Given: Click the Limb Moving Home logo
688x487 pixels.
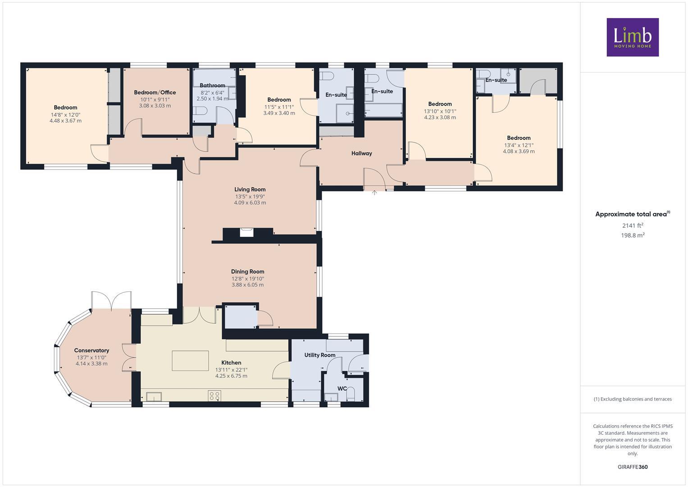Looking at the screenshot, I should coord(632,37).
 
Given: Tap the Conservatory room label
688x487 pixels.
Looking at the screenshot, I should coord(91,350).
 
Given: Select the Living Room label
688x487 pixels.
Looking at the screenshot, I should coord(250,189).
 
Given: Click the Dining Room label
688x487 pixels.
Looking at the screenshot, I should coord(247,271).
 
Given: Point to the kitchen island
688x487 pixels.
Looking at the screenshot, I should coord(190,361).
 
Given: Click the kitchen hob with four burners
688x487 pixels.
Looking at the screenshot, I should coord(214,396).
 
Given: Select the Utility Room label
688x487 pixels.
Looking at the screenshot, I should coord(319,355).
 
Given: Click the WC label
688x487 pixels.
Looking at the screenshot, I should coord(342,388).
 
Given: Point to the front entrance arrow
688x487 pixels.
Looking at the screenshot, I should coord(374,193).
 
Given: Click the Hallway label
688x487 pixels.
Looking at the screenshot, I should coord(361,153).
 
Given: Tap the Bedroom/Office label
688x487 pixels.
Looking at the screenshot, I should coord(155,92).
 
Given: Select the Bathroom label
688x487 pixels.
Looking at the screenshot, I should coord(212,85).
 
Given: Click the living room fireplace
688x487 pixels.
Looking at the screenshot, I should coord(246,232).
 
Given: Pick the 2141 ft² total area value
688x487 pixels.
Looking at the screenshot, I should coord(633,225).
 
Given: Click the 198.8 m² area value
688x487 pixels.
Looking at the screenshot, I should coord(633,235).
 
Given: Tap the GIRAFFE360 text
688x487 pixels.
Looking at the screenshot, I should coord(633,467).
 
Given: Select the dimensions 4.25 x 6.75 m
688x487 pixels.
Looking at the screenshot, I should coord(231,376).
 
